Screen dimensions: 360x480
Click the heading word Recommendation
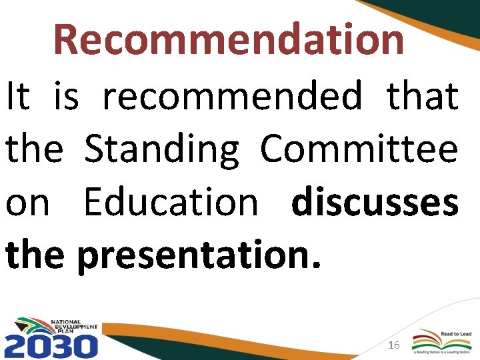tap(229, 39)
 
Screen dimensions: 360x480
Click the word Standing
tap(162, 149)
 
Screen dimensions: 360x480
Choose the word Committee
tap(359, 149)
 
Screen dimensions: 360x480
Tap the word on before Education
tap(27, 203)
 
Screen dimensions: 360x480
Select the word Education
tap(171, 203)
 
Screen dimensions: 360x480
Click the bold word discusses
tap(375, 203)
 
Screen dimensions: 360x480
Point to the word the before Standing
tap(35, 149)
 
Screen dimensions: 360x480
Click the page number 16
tap(393, 345)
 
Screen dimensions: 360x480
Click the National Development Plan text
tap(74, 327)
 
